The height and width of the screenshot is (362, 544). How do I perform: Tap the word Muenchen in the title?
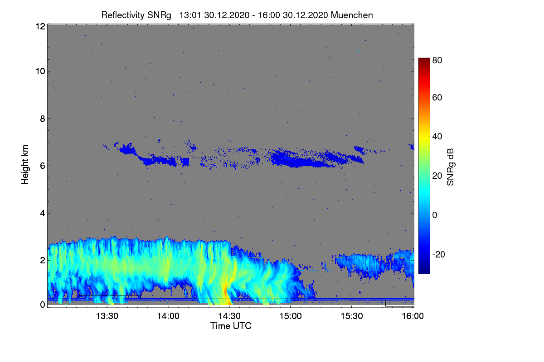coord(352,15)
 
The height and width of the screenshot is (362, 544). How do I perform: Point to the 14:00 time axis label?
coord(168,316)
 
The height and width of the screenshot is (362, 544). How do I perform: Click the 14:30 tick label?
coord(229,316)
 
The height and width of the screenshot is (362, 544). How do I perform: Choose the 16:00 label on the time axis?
coord(413,316)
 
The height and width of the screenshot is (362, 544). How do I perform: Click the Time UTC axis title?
coord(231,326)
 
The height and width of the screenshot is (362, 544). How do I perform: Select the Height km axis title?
coord(25,165)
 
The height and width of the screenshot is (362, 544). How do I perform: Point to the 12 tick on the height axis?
coord(40,26)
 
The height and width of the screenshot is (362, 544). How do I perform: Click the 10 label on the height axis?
coord(40,71)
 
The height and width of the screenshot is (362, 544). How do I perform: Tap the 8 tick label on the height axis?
coord(42,119)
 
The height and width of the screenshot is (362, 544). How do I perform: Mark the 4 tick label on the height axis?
coord(42,213)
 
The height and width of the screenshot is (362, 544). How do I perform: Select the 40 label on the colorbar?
coord(437,136)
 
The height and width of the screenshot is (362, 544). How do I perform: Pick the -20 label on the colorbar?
coord(438,254)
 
